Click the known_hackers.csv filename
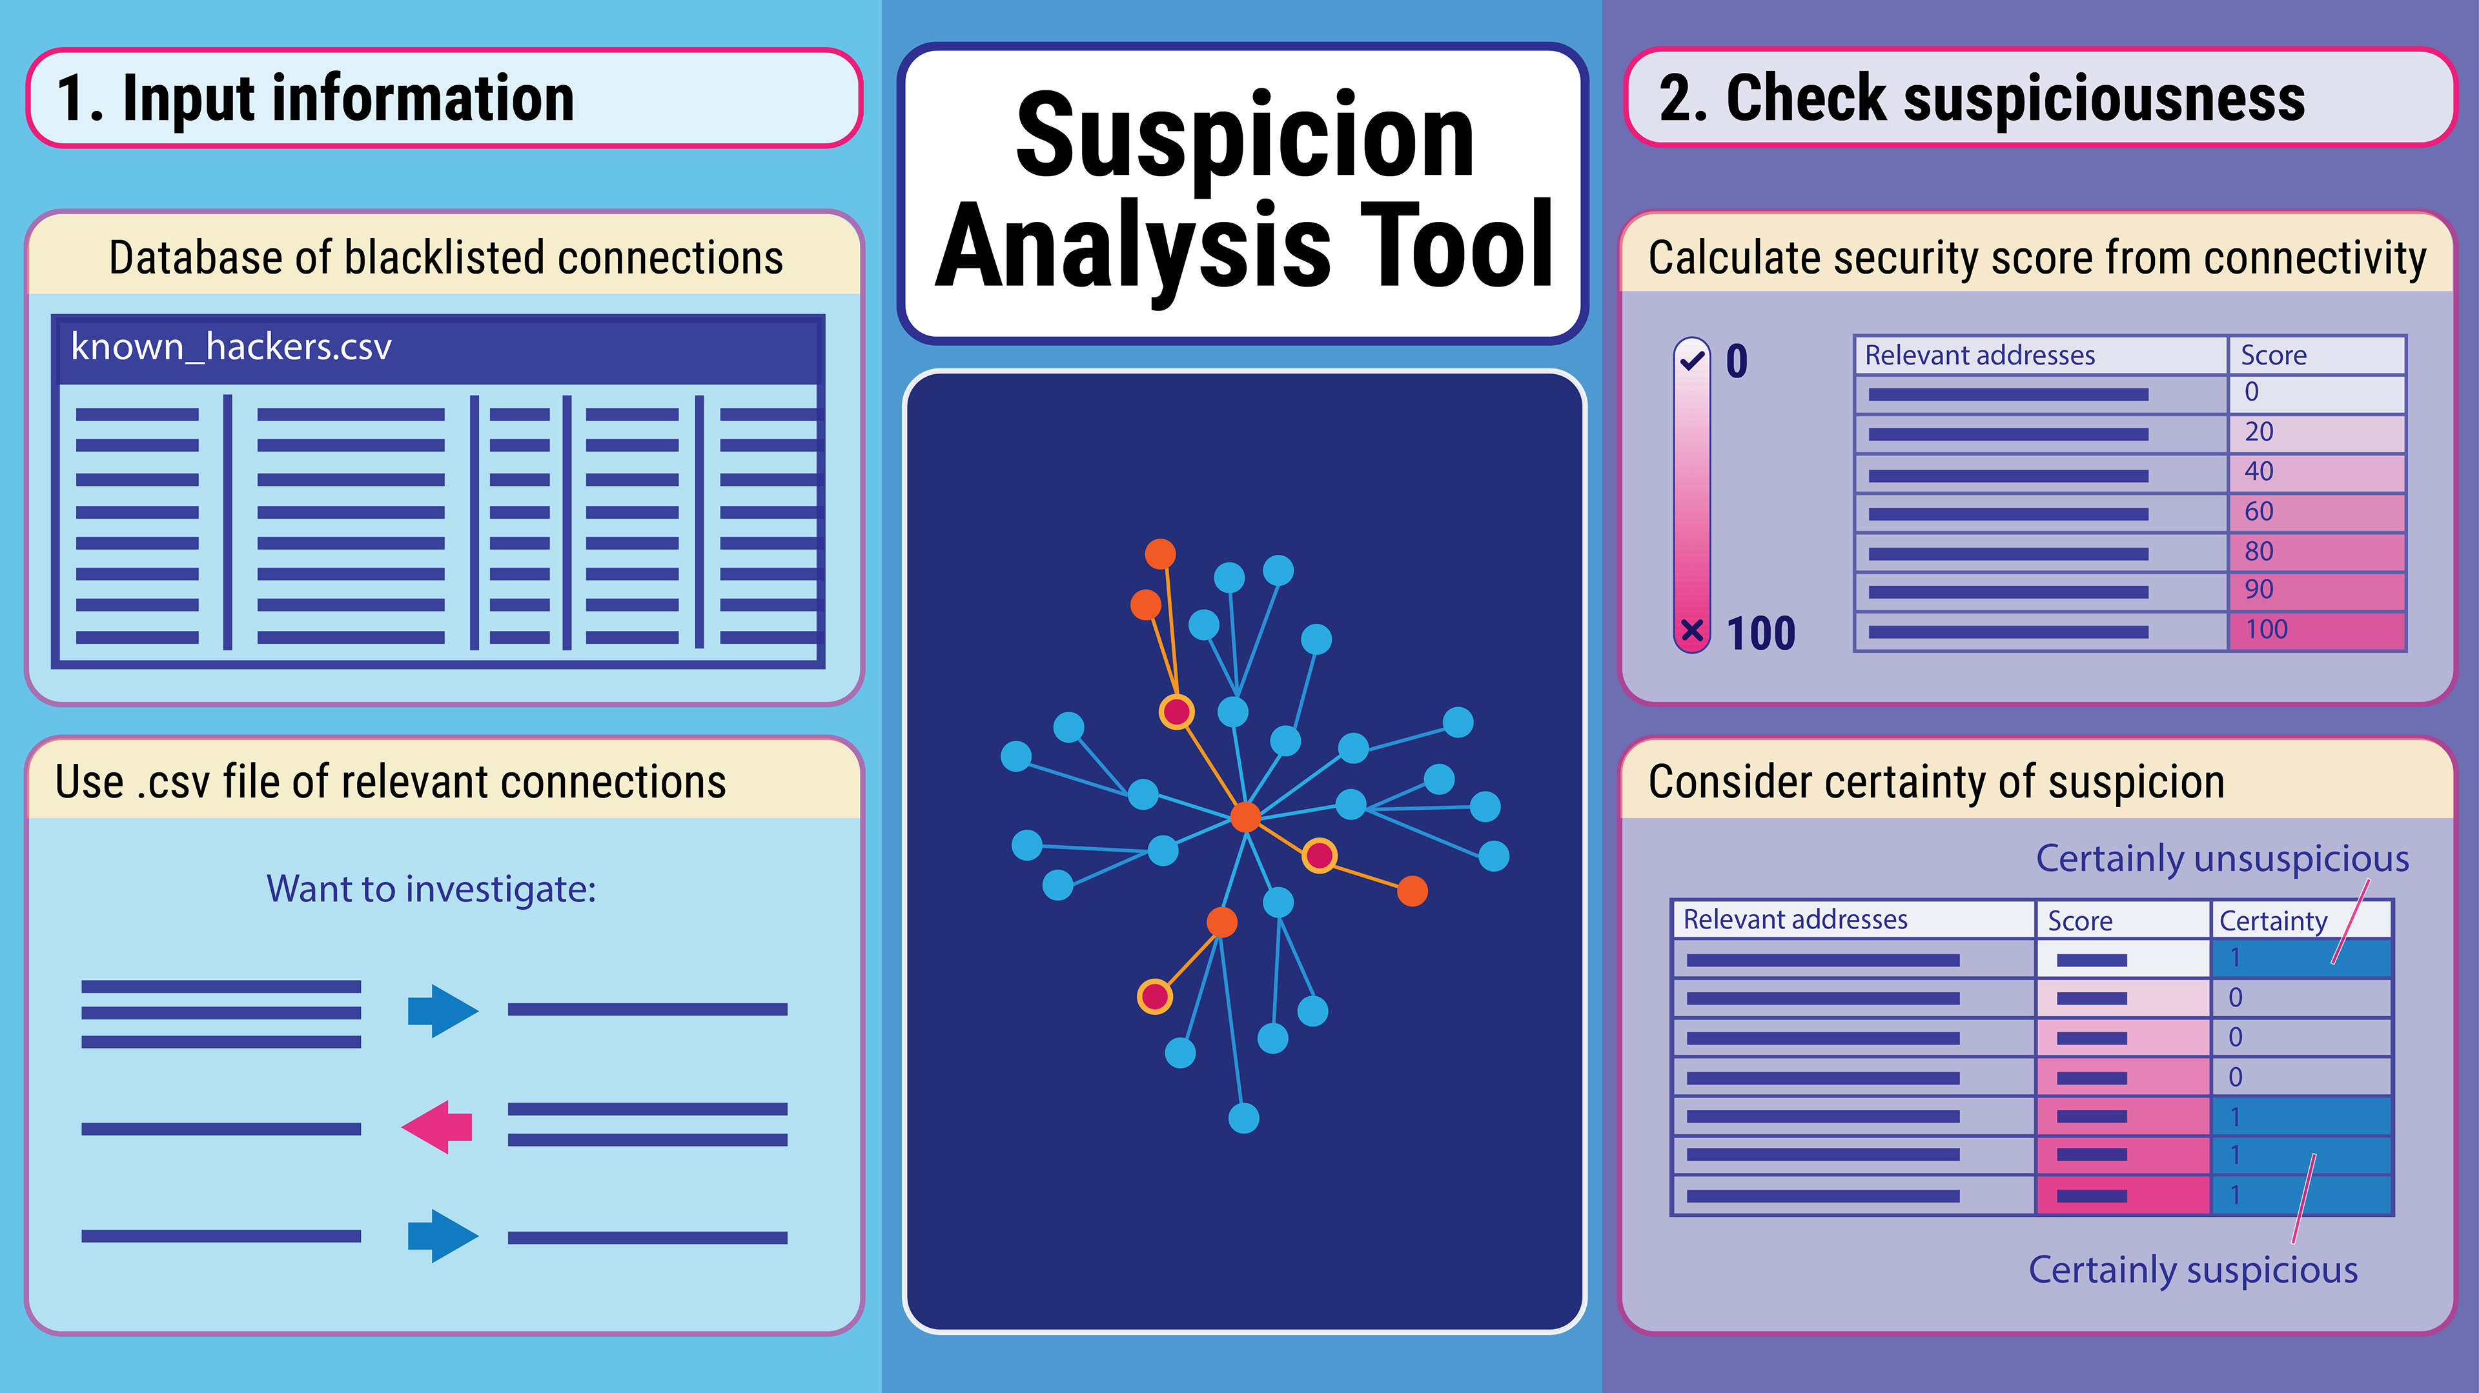click(231, 347)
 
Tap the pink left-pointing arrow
click(438, 1127)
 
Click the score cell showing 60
click(2316, 512)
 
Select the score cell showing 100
click(2316, 630)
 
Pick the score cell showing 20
click(2316, 432)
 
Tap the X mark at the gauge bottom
click(1692, 631)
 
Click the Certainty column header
click(2273, 921)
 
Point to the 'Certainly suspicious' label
click(2193, 1270)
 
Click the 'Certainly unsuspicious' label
click(2222, 858)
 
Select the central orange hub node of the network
click(1245, 817)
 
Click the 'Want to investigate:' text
click(431, 889)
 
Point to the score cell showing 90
click(2316, 590)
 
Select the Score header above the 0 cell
click(2273, 355)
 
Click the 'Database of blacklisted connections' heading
click(445, 258)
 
